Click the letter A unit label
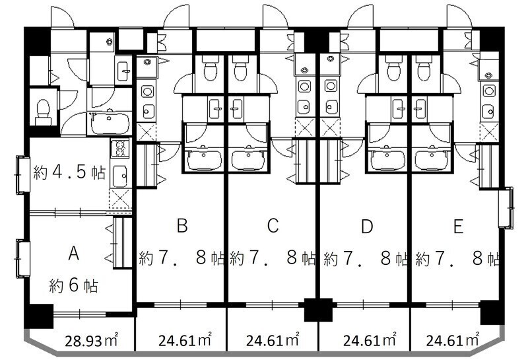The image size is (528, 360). [74, 254]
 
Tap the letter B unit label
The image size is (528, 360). [182, 225]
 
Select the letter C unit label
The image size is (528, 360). [273, 225]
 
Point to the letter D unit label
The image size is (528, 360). [367, 226]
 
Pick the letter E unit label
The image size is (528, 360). [458, 226]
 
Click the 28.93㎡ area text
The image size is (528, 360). [91, 340]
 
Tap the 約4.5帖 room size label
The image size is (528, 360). [69, 172]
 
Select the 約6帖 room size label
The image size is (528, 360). [73, 286]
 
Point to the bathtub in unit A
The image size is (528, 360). [110, 123]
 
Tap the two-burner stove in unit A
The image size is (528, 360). [120, 147]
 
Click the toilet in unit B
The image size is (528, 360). [209, 69]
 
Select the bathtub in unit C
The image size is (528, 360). [249, 159]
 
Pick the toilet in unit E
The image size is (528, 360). [424, 69]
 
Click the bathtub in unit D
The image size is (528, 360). [387, 159]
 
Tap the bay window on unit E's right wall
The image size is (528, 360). [506, 208]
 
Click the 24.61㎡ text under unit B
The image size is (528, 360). [185, 340]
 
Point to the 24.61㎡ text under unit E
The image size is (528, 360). [453, 340]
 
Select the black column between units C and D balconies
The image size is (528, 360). [318, 309]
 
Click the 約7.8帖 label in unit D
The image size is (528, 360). [366, 258]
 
